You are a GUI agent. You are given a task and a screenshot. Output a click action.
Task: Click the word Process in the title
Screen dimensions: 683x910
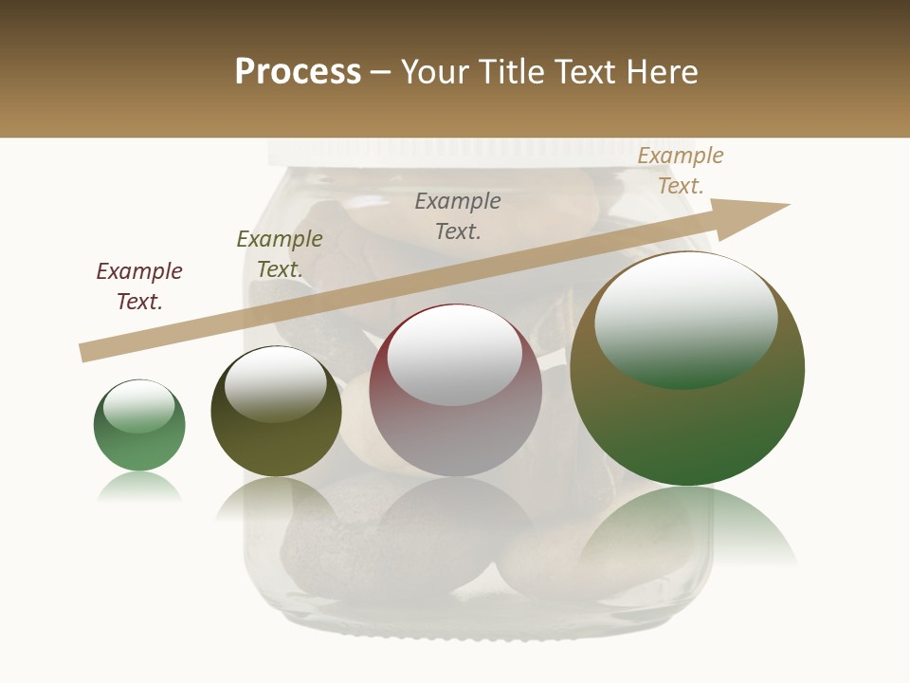[298, 72]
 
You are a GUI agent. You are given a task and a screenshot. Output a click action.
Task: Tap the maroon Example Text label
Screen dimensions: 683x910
[139, 286]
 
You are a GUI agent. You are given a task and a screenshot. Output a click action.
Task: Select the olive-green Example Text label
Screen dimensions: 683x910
[279, 253]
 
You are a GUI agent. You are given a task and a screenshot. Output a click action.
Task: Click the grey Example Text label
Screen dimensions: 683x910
[458, 215]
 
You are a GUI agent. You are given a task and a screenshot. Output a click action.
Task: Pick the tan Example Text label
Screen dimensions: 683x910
[680, 170]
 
